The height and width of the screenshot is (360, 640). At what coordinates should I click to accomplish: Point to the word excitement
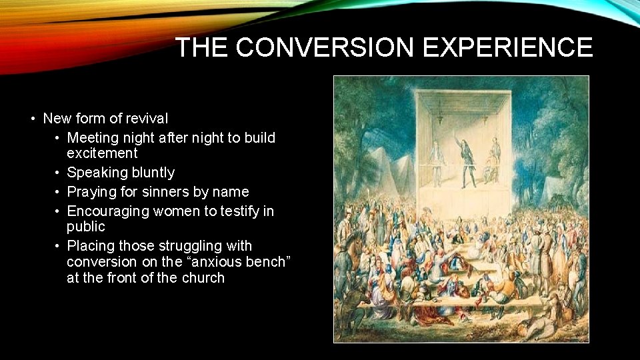pyautogui.click(x=102, y=153)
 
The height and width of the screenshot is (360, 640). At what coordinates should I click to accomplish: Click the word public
pyautogui.click(x=86, y=226)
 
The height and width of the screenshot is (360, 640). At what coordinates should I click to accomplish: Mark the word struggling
pyautogui.click(x=176, y=246)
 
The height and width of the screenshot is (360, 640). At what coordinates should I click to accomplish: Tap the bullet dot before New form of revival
pyautogui.click(x=33, y=119)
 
